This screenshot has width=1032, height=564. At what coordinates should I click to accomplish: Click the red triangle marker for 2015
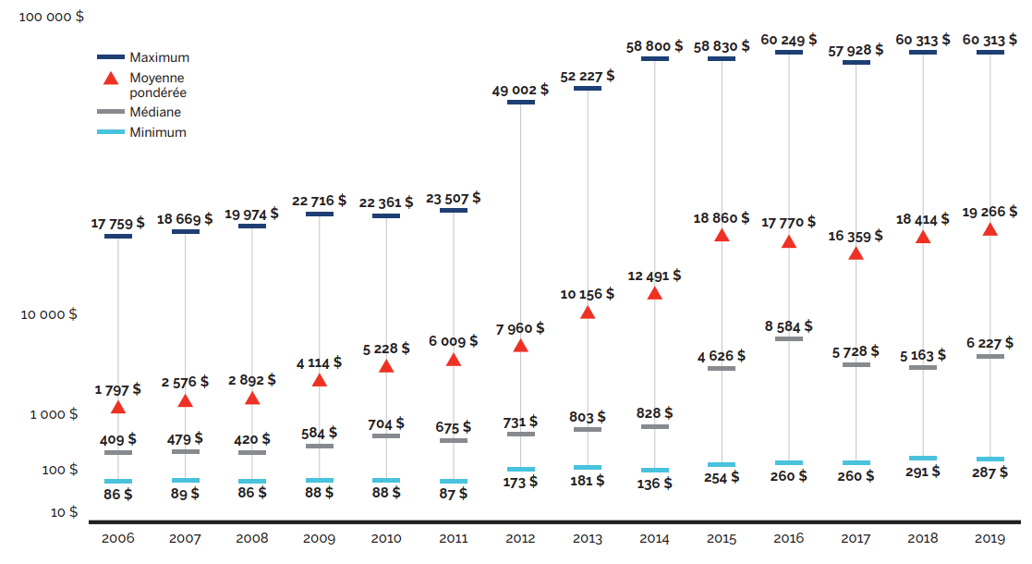[722, 236]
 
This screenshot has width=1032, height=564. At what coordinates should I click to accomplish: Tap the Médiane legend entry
[155, 112]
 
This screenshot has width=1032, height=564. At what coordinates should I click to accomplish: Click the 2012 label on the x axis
[520, 538]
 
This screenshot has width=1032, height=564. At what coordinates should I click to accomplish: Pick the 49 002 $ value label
[520, 90]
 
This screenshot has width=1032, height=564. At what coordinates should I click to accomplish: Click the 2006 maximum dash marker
[117, 237]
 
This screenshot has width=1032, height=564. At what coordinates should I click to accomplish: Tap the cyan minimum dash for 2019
[990, 459]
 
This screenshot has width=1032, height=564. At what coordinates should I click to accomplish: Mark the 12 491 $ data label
[654, 276]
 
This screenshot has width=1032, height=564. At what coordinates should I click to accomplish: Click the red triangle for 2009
[320, 380]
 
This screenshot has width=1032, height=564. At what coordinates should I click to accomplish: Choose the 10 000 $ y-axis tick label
[48, 314]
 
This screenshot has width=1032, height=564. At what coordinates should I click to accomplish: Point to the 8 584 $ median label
[788, 326]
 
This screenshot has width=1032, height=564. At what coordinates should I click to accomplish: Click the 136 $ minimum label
[654, 483]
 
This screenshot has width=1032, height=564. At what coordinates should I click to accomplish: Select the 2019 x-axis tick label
[990, 538]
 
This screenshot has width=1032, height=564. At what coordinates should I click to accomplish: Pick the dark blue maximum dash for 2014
[654, 59]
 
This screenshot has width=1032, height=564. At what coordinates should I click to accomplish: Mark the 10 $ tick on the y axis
[62, 511]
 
